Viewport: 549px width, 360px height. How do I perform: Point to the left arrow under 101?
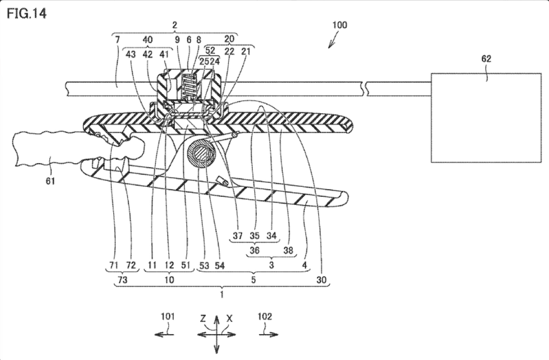(165, 334)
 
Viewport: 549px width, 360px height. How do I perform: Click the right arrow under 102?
(269, 334)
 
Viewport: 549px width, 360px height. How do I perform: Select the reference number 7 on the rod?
(117, 40)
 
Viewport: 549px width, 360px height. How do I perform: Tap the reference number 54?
(219, 266)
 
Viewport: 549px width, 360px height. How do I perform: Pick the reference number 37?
(238, 235)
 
